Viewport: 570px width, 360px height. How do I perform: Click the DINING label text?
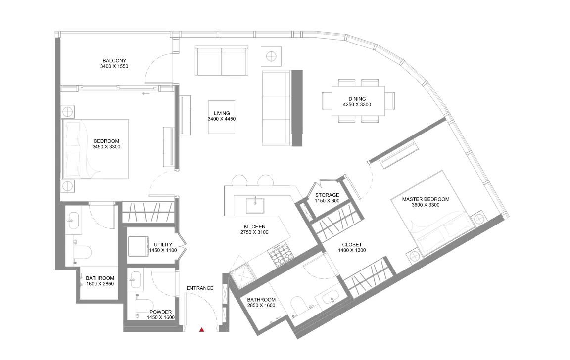[x=357, y=99]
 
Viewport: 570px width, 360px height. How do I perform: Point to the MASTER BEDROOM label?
[x=426, y=199]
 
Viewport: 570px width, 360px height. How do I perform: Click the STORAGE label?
[x=327, y=195]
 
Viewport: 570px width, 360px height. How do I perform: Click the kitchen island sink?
[x=256, y=204]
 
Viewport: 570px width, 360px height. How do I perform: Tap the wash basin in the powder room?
[x=135, y=282]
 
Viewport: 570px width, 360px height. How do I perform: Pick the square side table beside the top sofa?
[x=271, y=55]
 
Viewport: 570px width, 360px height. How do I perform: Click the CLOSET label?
[x=352, y=244]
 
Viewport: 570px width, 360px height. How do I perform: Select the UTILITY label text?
[x=163, y=244]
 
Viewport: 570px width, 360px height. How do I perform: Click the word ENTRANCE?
[x=200, y=288]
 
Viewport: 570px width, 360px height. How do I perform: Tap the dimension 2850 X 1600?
[x=261, y=306]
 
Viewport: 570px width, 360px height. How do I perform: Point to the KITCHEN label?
[x=254, y=226]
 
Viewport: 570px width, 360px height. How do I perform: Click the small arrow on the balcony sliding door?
[x=145, y=93]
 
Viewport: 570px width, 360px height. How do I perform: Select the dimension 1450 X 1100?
[x=163, y=251]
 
